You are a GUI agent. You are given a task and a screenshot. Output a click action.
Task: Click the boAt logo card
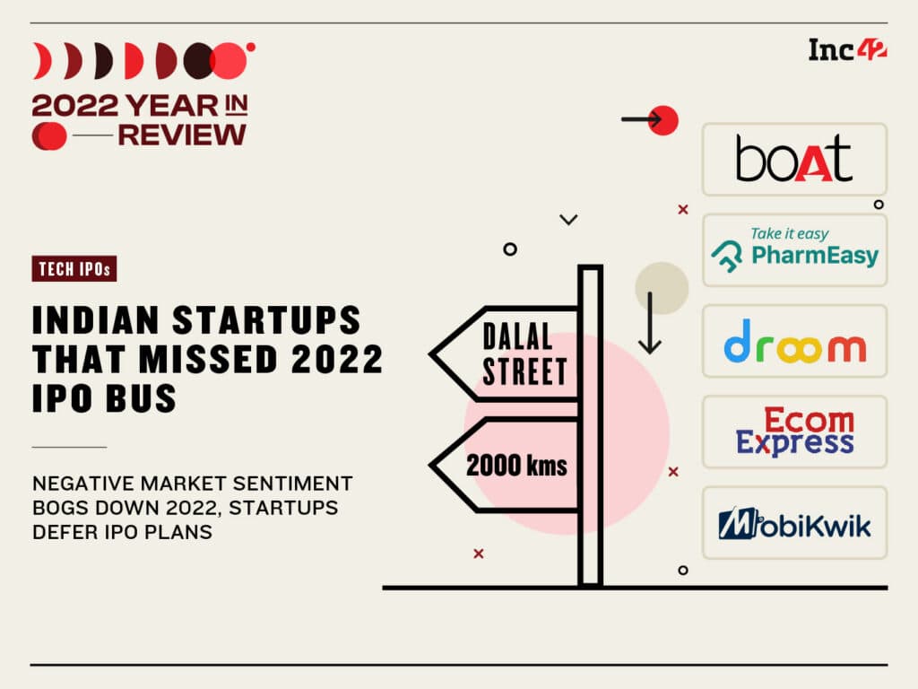click(x=794, y=160)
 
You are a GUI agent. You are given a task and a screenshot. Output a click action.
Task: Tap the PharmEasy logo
click(x=794, y=250)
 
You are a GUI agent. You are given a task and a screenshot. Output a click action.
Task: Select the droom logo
click(x=794, y=341)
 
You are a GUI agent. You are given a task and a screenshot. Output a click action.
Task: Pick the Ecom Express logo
click(x=794, y=432)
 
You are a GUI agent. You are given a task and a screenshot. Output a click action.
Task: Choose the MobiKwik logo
click(x=794, y=523)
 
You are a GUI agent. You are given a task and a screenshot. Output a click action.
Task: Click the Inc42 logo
click(x=847, y=50)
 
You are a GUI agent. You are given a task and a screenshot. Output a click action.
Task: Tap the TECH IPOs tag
click(x=74, y=269)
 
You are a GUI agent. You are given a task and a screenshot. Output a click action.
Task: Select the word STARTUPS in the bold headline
click(x=266, y=320)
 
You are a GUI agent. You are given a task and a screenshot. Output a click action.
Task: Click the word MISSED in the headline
click(x=208, y=359)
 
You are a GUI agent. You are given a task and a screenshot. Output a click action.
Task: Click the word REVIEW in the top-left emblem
click(x=181, y=135)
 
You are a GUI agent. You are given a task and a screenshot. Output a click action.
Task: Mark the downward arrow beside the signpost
click(x=650, y=323)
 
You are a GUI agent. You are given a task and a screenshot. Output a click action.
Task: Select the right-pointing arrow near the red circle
click(x=642, y=119)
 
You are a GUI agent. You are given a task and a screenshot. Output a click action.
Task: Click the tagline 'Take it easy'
click(x=789, y=234)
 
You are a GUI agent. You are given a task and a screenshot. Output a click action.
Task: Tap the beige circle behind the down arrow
click(x=663, y=288)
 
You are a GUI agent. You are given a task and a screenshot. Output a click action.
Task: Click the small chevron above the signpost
click(x=568, y=220)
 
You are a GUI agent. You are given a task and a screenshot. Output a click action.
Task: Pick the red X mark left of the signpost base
click(x=479, y=553)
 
